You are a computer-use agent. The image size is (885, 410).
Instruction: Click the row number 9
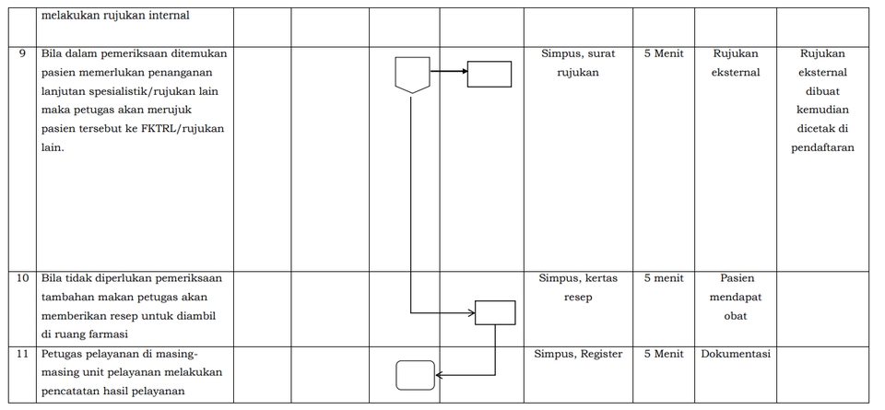pos(22,54)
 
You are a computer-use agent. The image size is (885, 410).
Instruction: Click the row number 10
pos(22,278)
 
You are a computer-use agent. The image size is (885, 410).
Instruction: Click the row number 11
pos(22,354)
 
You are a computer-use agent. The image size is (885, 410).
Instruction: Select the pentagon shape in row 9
pos(412,75)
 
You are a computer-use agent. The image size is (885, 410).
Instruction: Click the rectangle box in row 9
pos(490,74)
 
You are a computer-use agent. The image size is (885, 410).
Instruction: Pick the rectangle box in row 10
pos(495,312)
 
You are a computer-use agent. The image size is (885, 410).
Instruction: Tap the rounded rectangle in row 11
pos(416,375)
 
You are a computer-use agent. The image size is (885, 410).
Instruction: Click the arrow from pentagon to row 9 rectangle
pos(449,71)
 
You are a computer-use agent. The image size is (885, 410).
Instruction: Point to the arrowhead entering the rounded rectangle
pos(439,375)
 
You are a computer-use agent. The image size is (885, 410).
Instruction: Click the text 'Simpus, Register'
pos(578,354)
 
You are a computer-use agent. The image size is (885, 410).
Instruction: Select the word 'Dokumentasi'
pos(736,354)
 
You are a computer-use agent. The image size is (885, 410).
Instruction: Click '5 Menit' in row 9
pos(663,53)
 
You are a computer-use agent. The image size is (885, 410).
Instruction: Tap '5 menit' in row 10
pos(663,278)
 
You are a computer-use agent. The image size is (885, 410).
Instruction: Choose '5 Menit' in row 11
pos(663,354)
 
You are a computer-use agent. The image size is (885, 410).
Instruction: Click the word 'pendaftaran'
pos(822,147)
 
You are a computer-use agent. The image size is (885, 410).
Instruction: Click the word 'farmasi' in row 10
pos(109,334)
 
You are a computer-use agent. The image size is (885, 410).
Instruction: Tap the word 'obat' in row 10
pos(736,316)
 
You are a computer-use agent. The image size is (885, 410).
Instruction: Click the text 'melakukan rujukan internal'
pos(116,16)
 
